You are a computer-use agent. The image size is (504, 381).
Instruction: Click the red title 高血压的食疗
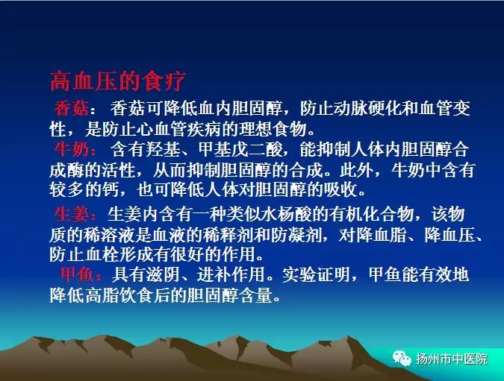118,81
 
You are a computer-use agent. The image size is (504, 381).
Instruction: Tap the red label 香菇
71,108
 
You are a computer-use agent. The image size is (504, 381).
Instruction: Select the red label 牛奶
71,149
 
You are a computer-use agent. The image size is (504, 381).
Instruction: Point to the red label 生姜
71,214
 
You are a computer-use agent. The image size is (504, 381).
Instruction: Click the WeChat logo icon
402,358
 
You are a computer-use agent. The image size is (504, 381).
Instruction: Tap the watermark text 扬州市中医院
452,359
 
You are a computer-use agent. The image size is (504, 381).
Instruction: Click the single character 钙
111,189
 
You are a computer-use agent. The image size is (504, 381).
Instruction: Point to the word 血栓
102,254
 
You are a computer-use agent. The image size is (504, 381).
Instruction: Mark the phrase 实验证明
316,274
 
